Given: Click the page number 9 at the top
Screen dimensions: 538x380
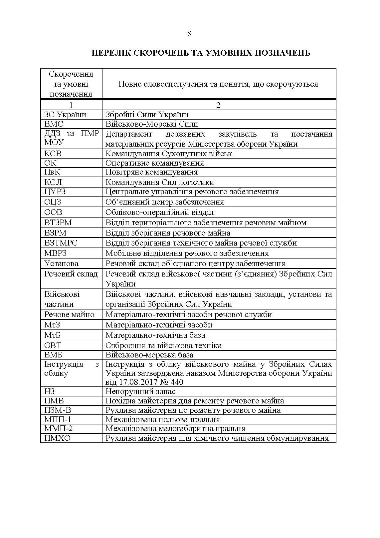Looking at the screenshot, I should [190, 33].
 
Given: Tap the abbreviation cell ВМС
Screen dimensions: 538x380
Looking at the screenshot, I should [54, 124].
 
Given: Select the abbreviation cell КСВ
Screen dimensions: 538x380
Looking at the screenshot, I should [53, 154].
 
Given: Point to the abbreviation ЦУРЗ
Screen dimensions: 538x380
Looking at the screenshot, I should [55, 192].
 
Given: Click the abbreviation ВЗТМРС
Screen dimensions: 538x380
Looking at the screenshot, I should [61, 243].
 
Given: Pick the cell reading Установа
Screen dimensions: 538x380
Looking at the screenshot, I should [61, 264].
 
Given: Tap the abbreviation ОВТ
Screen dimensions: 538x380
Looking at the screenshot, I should [53, 345].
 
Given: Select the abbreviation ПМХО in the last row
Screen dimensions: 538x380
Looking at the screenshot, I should [57, 438].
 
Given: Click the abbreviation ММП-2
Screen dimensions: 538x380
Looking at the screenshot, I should [58, 429].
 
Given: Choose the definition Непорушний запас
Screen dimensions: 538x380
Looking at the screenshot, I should [140, 391].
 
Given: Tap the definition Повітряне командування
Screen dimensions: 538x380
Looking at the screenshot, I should [151, 172].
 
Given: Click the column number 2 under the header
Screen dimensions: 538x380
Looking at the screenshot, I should [218, 105].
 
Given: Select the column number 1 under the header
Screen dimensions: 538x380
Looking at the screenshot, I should [71, 105].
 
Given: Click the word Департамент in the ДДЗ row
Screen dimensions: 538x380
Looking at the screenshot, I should [128, 134].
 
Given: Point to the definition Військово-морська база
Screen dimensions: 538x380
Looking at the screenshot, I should [149, 355].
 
